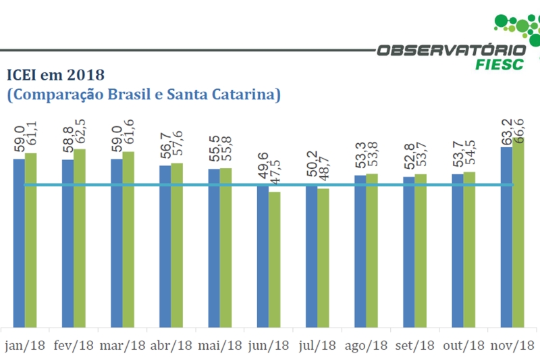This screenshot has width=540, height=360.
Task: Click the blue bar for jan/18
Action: (x=19, y=243)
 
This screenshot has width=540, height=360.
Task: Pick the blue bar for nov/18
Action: (x=506, y=236)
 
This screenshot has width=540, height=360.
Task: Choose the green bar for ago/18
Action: (x=372, y=250)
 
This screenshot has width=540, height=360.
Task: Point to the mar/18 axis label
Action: (x=123, y=345)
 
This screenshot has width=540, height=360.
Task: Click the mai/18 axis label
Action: (x=220, y=345)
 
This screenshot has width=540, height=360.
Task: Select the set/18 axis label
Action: (x=414, y=345)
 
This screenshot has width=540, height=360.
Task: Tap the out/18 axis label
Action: (x=464, y=345)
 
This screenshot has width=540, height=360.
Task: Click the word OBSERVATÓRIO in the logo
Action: (x=450, y=50)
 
